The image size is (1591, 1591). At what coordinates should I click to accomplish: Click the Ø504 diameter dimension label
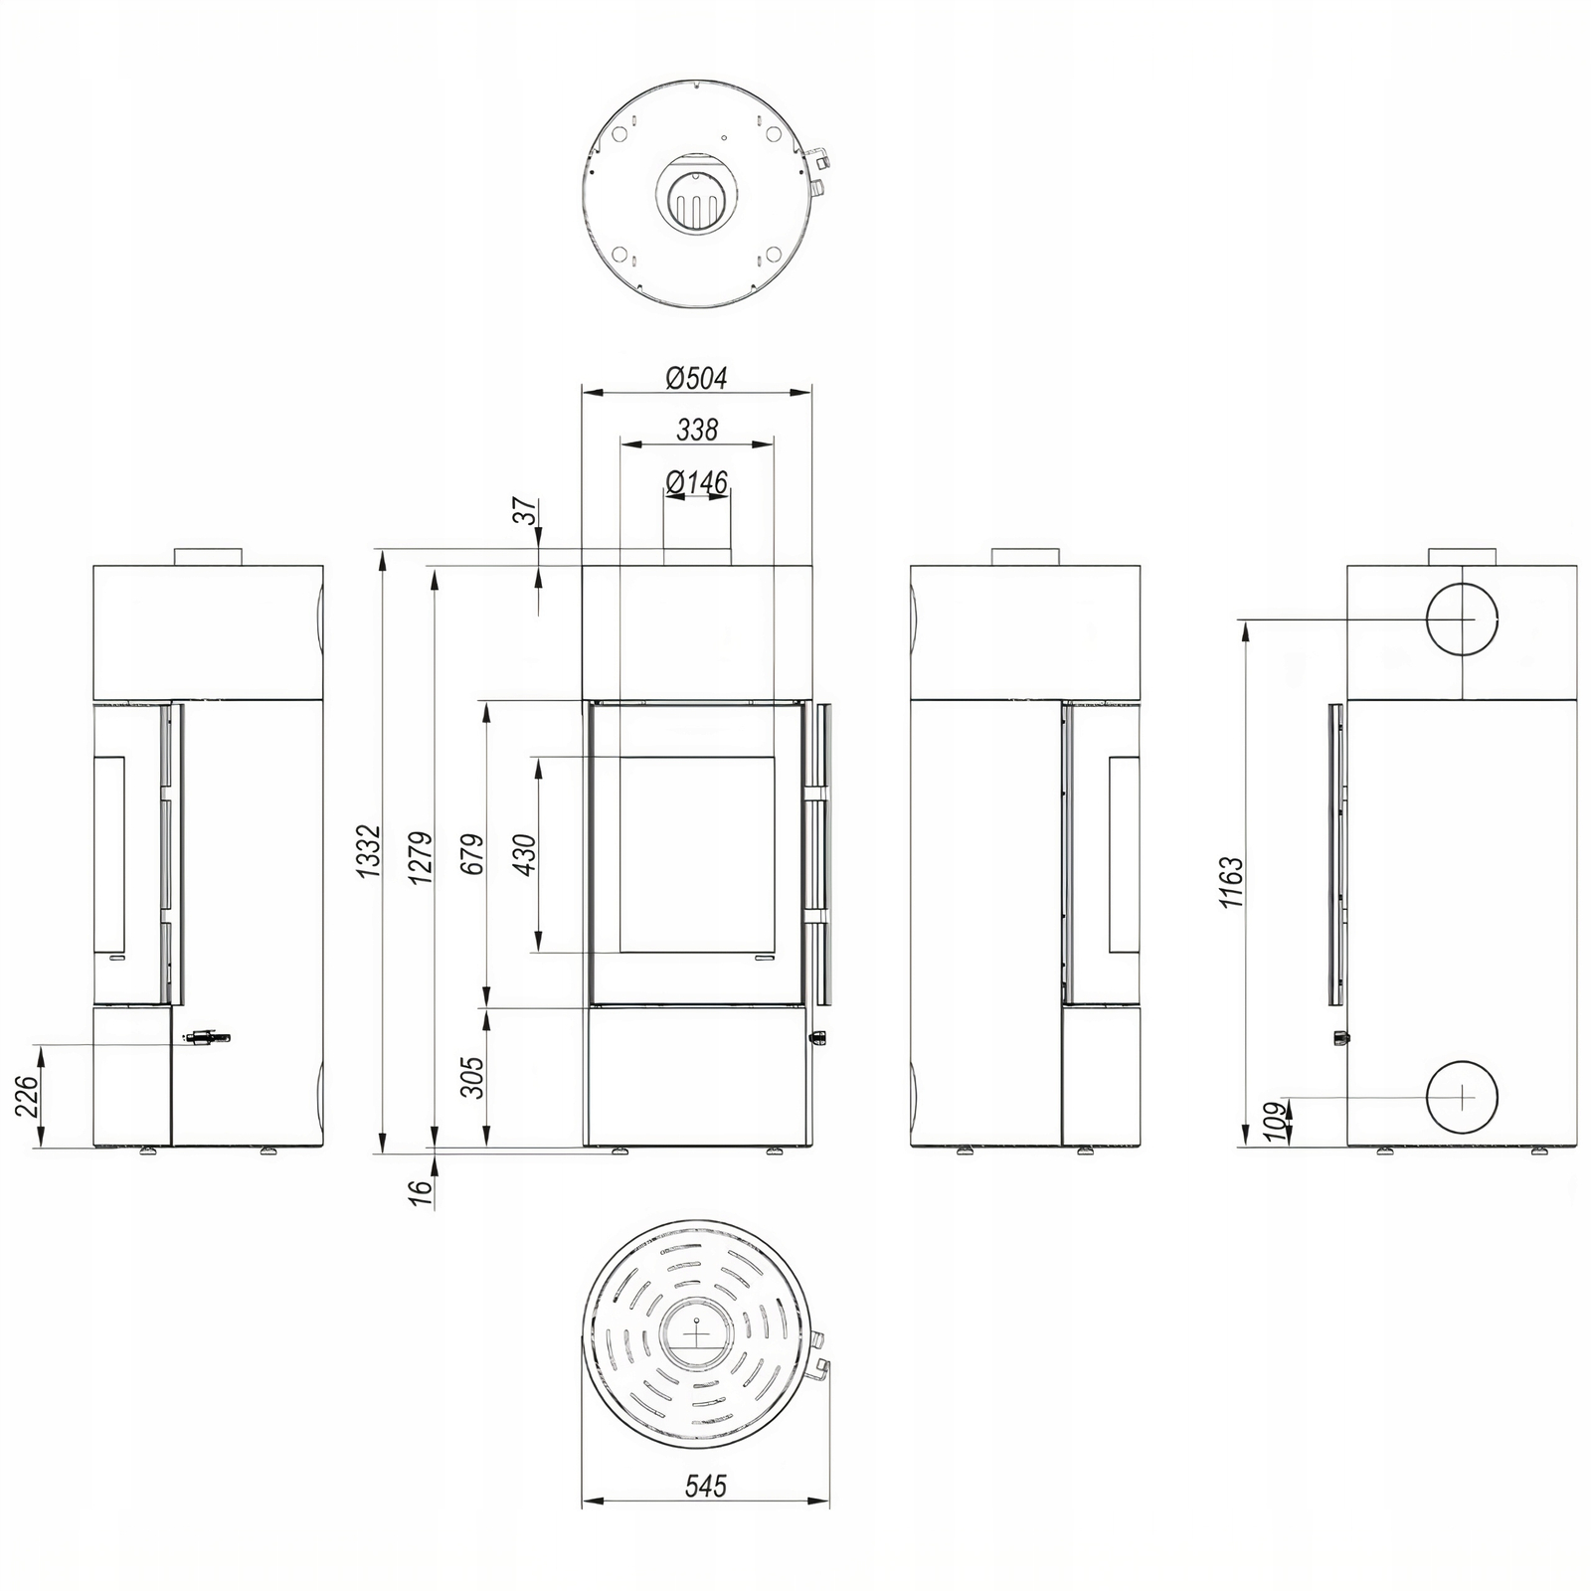697,378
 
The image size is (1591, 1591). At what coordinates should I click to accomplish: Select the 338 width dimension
697,430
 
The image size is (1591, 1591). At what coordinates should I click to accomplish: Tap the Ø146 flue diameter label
697,482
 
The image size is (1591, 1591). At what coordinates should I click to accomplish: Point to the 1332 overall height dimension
369,850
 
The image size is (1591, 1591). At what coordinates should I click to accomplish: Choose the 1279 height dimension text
421,857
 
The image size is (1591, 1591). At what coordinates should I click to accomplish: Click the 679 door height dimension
472,853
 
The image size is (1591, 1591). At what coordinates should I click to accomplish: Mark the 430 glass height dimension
524,854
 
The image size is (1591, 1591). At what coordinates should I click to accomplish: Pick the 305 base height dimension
472,1076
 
